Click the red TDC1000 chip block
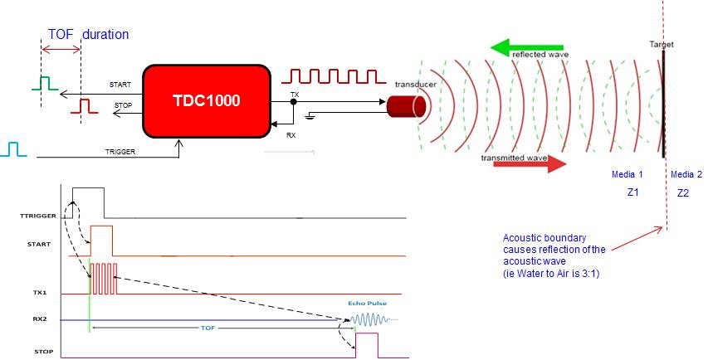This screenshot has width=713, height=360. (207, 100)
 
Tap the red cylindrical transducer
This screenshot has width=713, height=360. (407, 106)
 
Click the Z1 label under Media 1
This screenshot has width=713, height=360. (632, 192)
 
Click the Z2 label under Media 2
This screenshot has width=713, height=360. (683, 192)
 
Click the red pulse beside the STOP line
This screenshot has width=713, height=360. (83, 106)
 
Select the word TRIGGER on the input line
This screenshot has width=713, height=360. (120, 153)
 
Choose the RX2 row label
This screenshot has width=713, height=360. (27, 319)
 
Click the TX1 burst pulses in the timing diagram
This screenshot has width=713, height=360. (104, 278)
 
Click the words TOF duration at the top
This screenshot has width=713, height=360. (88, 35)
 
